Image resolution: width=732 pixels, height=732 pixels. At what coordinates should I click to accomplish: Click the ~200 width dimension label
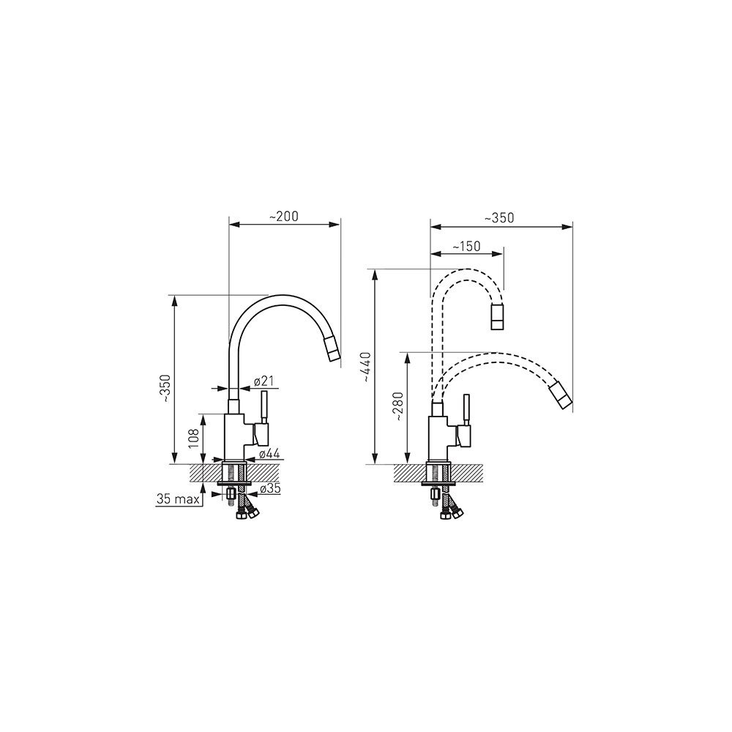pos(284,217)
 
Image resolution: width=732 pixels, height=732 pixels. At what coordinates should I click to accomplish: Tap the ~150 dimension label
pos(466,246)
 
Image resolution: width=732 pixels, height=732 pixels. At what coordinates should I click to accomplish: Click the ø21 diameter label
pos(264,381)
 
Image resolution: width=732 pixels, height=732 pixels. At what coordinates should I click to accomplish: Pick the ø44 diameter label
pos(269,453)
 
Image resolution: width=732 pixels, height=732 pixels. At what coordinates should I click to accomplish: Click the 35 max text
pos(178,499)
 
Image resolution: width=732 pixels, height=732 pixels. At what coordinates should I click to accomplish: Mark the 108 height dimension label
pos(194,438)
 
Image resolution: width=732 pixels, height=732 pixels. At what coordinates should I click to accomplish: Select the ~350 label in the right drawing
pos(499,218)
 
